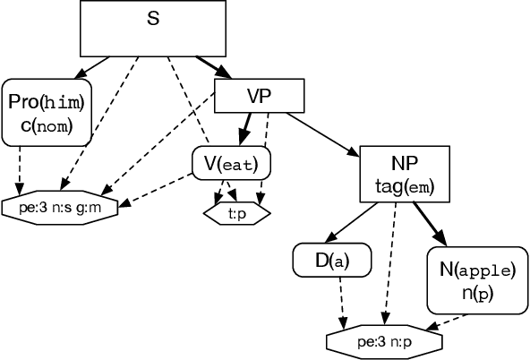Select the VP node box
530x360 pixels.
(260, 97)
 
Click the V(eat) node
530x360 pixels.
(231, 164)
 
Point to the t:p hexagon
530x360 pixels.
(237, 215)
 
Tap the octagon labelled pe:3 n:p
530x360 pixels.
(383, 341)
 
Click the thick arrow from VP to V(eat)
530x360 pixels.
(244, 130)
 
